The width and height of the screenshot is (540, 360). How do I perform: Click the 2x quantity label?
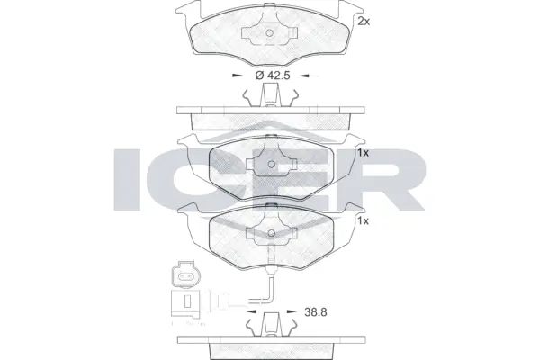click(364, 20)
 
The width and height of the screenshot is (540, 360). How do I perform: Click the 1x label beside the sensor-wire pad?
click(364, 220)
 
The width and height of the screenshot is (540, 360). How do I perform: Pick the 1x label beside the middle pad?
click(364, 152)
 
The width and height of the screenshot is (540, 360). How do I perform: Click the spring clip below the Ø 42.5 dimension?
click(270, 98)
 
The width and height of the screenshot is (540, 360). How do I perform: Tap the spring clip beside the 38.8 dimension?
click(270, 323)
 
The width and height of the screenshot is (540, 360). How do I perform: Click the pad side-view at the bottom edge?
click(270, 346)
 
